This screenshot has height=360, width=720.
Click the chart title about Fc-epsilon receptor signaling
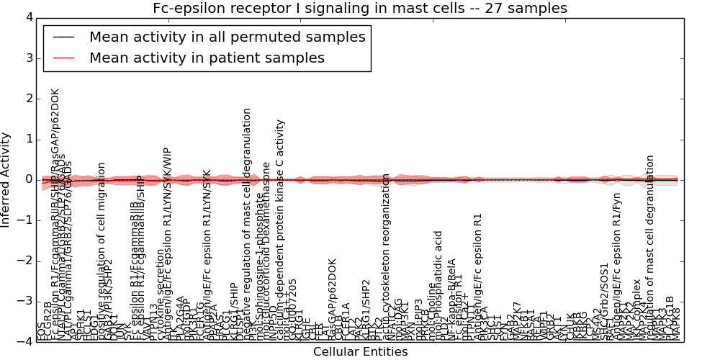coord(360,8)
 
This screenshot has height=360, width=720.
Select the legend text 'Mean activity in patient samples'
coord(207,58)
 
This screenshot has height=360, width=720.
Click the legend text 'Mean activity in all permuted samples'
coord(227,37)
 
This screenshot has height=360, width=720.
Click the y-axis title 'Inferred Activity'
coord(6,179)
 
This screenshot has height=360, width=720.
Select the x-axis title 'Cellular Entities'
coord(360,352)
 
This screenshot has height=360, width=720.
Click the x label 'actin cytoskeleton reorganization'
coord(387,256)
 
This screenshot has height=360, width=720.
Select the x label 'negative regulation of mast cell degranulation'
coord(247,223)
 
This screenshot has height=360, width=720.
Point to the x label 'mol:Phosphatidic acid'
coord(438,285)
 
